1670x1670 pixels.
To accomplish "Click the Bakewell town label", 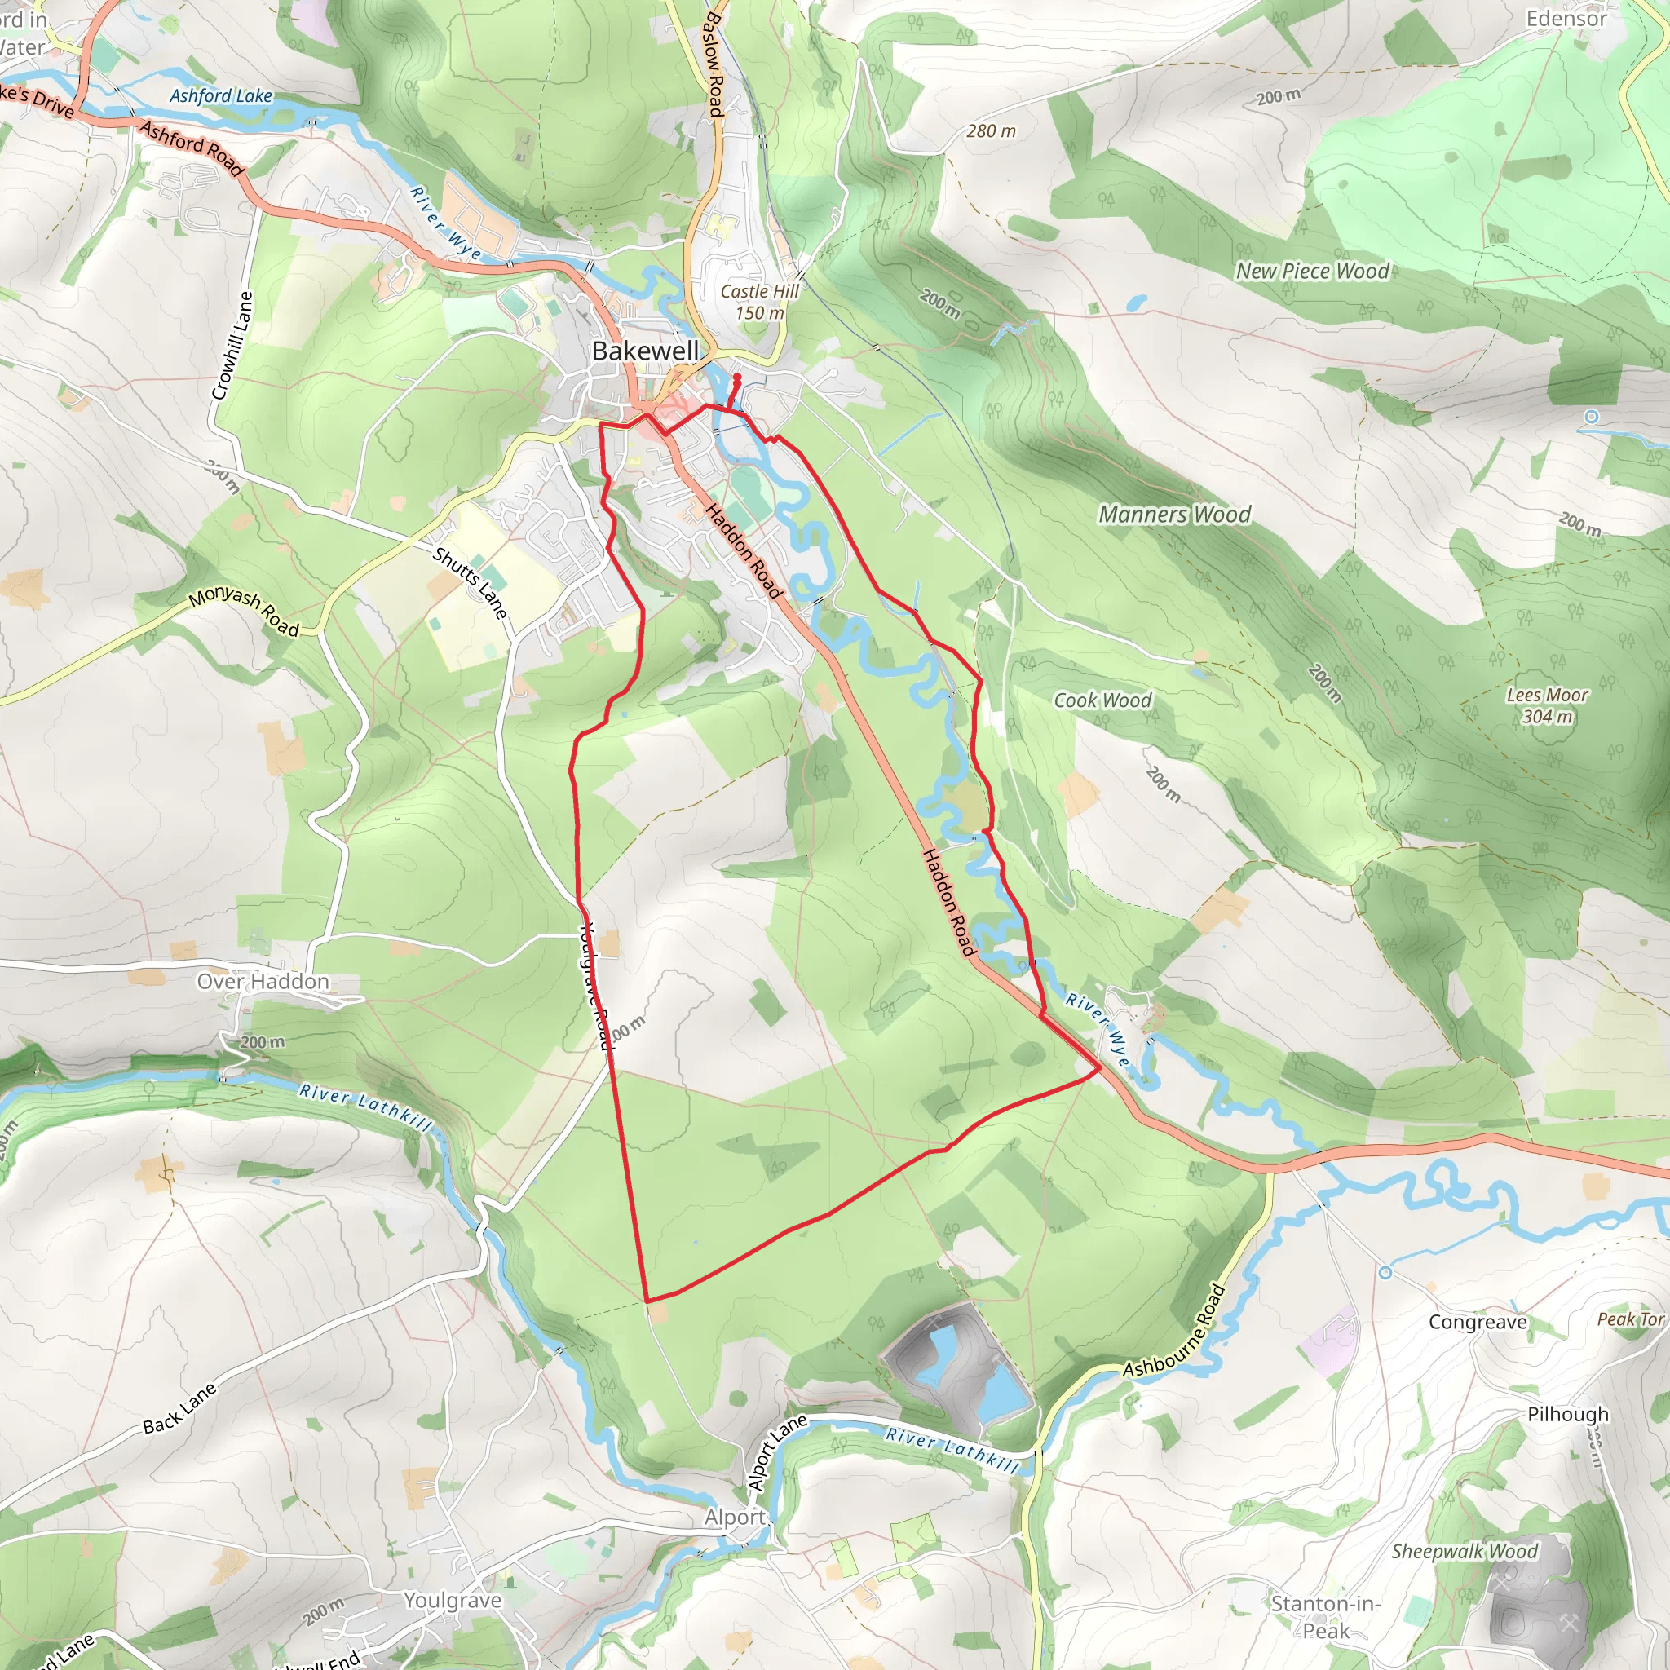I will pyautogui.click(x=645, y=351).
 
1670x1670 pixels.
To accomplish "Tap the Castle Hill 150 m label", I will pyautogui.click(x=760, y=303).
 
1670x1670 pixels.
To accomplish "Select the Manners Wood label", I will pyautogui.click(x=1174, y=515).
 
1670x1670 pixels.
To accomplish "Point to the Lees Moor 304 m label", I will pyautogui.click(x=1546, y=705).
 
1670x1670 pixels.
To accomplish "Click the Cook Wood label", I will pyautogui.click(x=1102, y=700).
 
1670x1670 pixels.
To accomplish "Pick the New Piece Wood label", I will pyautogui.click(x=1311, y=272).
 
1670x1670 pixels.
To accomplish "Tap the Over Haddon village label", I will pyautogui.click(x=263, y=982).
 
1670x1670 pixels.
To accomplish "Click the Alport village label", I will pyautogui.click(x=736, y=1517).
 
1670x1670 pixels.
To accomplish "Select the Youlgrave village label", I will pyautogui.click(x=452, y=1600).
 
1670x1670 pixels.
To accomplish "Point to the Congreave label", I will pyautogui.click(x=1478, y=1323).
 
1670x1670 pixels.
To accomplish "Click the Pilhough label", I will pyautogui.click(x=1567, y=1414).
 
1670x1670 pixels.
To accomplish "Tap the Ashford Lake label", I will pyautogui.click(x=220, y=96).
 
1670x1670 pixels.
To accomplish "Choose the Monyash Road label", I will pyautogui.click(x=244, y=612).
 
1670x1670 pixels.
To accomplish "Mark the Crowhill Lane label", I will pyautogui.click(x=232, y=346).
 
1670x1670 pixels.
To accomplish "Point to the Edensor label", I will pyautogui.click(x=1566, y=19).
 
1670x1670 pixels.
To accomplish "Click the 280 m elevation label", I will pyautogui.click(x=991, y=131).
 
